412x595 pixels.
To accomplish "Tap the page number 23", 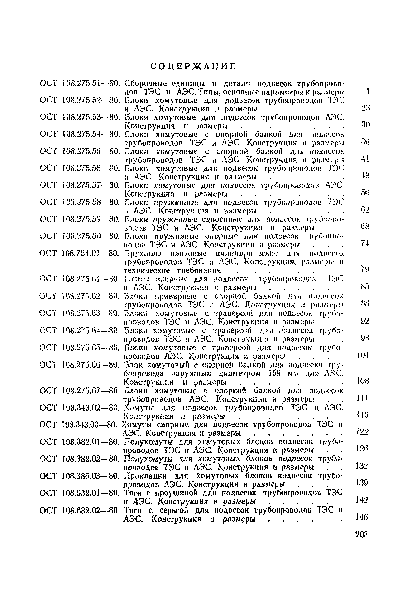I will tap(365, 108).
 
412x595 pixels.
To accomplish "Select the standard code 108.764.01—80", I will tap(90, 253).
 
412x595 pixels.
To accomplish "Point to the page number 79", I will tap(365, 269).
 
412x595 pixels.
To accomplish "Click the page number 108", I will tap(362, 381).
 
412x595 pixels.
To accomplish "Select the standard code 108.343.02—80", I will tap(90, 408).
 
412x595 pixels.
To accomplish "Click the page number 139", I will tap(361, 482).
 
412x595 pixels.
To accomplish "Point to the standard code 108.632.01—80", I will tap(90, 493).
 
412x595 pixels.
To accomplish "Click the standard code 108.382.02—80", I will tap(90, 459).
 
